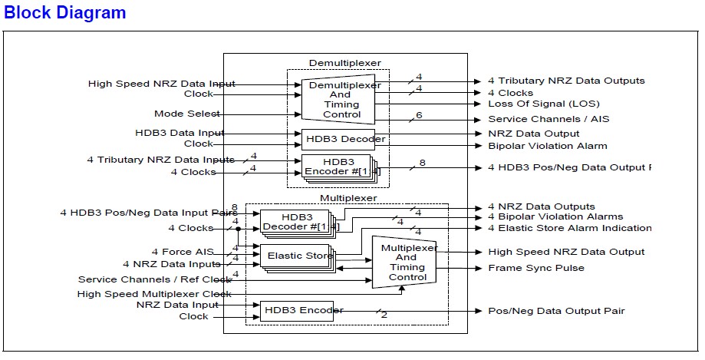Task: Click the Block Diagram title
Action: pos(65,13)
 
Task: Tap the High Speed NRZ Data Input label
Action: pos(162,84)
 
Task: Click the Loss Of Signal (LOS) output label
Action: pos(544,104)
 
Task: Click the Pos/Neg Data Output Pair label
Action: pos(556,311)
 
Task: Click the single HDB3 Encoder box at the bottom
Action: pos(296,311)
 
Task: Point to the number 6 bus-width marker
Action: pos(419,115)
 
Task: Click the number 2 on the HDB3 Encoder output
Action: pos(384,314)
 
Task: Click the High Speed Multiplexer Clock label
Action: pos(154,293)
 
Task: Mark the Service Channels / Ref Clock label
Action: pos(154,279)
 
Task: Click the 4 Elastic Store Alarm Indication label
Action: pos(569,228)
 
